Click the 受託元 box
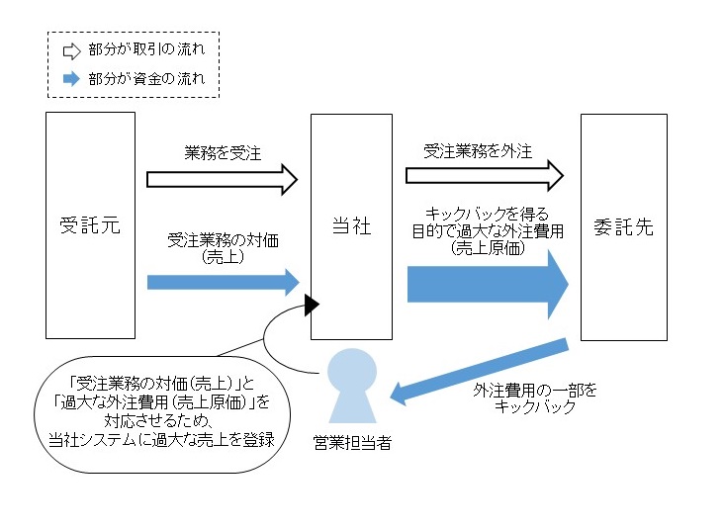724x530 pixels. [90, 225]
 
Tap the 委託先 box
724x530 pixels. [623, 225]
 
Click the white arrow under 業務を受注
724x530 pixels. [222, 179]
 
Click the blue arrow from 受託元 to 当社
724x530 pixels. [222, 282]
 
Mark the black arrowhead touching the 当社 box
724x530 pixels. [312, 304]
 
